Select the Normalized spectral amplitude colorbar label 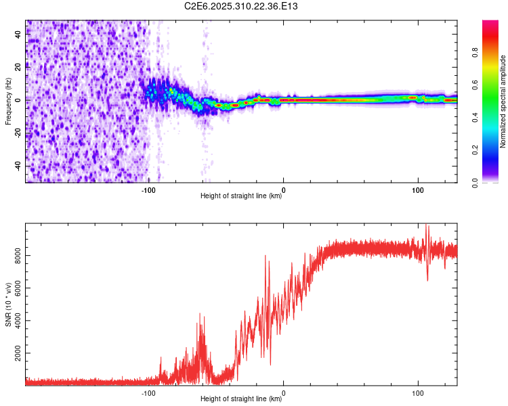[x=503, y=101]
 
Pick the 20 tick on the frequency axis [x=19, y=67]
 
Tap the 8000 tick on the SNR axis [x=15, y=255]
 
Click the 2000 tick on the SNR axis [x=15, y=354]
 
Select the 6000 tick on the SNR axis [x=15, y=288]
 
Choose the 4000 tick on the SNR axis [x=15, y=321]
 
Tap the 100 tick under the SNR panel [x=418, y=392]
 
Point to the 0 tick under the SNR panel [x=283, y=392]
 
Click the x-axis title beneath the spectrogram [x=241, y=196]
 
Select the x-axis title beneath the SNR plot [x=241, y=399]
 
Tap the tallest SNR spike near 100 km [x=427, y=227]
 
